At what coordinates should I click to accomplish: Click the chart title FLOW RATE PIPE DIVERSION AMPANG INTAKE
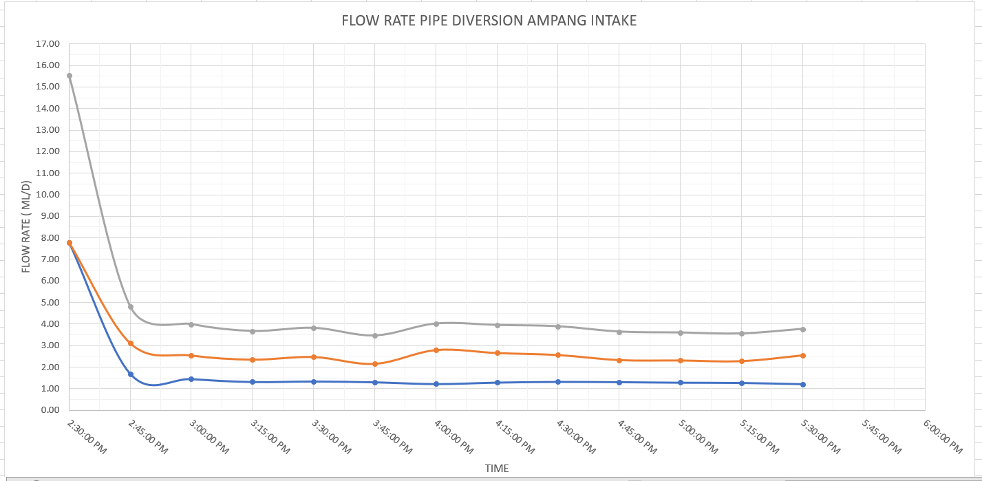coord(489,21)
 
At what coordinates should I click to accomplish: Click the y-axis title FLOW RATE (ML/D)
coord(26,226)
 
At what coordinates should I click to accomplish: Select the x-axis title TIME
coord(496,469)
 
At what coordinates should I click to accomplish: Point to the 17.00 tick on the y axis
coord(50,44)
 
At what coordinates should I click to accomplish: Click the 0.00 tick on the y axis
coord(50,410)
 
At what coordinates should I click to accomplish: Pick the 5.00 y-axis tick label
coord(50,302)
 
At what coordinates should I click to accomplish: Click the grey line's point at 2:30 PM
coord(70,76)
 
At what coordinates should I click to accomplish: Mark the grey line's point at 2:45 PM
coord(131,307)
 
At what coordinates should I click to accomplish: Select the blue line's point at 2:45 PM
coord(131,374)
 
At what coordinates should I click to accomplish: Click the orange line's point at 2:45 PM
coord(131,343)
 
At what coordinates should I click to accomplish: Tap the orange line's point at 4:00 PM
coord(436,350)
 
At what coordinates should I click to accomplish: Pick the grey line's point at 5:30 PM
coord(802,329)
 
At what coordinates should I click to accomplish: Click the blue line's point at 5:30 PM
coord(802,384)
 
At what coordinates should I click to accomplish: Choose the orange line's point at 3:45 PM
coord(375,364)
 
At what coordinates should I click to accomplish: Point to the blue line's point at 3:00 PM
coord(191,379)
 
